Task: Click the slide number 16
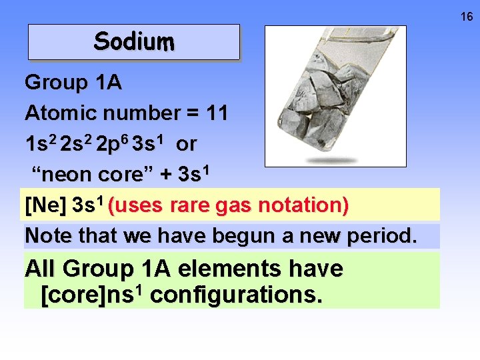467,17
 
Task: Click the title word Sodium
134,42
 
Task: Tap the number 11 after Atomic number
216,113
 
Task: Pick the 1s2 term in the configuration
40,144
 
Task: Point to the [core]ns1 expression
92,293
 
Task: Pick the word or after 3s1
187,144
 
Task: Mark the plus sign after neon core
166,175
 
